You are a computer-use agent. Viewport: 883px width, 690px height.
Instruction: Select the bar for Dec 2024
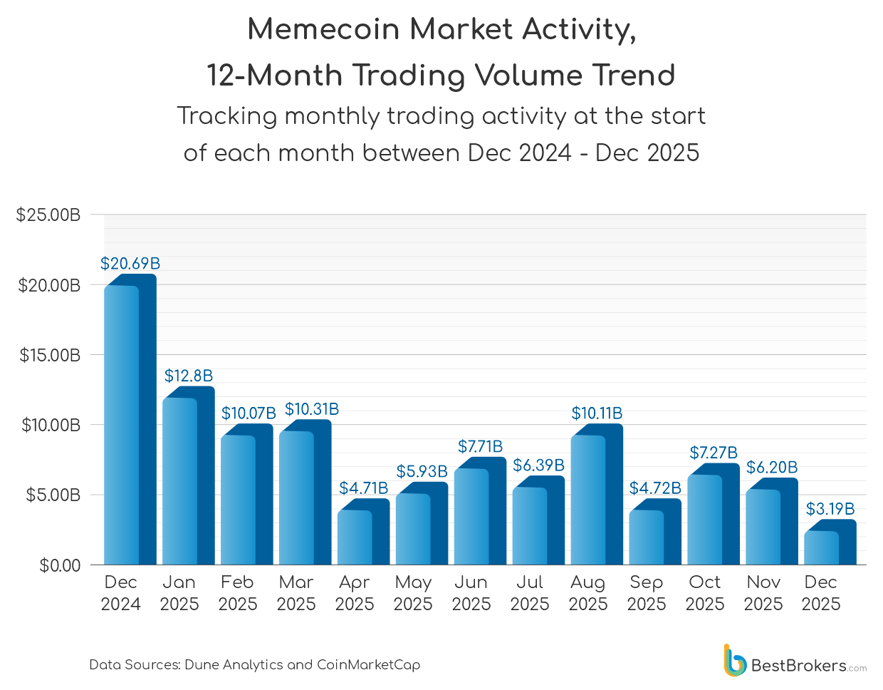pyautogui.click(x=128, y=424)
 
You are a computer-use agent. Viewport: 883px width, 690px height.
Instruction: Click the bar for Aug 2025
pyautogui.click(x=595, y=499)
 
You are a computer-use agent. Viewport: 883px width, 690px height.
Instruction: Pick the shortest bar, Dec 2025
pyautogui.click(x=828, y=546)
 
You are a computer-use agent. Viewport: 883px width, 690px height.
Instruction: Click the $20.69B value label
pyautogui.click(x=130, y=264)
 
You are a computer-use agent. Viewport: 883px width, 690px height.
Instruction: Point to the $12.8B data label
pyautogui.click(x=189, y=376)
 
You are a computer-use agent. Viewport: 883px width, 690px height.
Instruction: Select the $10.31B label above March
pyautogui.click(x=312, y=409)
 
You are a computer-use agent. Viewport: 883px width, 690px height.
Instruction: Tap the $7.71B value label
pyautogui.click(x=480, y=446)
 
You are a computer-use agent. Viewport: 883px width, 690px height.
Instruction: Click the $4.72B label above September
pyautogui.click(x=655, y=488)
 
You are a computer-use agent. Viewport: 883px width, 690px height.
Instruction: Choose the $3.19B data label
pyautogui.click(x=830, y=509)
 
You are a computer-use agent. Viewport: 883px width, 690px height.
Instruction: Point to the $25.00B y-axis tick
pyautogui.click(x=48, y=215)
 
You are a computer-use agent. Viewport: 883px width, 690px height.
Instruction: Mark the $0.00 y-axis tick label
pyautogui.click(x=60, y=566)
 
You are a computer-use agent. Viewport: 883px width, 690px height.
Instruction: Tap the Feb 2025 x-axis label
pyautogui.click(x=237, y=593)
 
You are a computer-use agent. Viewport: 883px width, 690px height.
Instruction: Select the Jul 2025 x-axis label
pyautogui.click(x=529, y=593)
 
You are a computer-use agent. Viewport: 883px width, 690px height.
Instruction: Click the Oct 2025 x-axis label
pyautogui.click(x=704, y=593)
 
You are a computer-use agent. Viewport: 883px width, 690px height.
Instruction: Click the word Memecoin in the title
pyautogui.click(x=323, y=29)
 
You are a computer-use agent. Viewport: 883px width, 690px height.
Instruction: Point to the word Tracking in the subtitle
pyautogui.click(x=226, y=116)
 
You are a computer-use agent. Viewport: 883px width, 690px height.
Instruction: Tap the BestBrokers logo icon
pyautogui.click(x=733, y=661)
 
